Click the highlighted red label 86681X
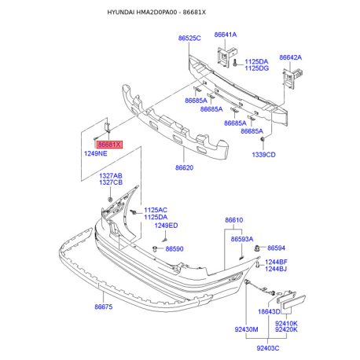tap(109, 145)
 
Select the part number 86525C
tap(189, 39)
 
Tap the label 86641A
tap(226, 35)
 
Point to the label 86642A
tap(290, 57)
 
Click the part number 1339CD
tap(263, 155)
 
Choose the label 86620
tap(184, 167)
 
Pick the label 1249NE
tap(96, 153)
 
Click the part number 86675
tap(104, 307)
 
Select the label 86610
tap(234, 220)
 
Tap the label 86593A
tap(242, 239)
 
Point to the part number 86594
tap(276, 248)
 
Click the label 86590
tap(174, 248)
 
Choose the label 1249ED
tap(166, 226)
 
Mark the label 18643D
tap(269, 311)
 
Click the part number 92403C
tap(268, 348)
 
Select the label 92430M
tap(246, 329)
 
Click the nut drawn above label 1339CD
tap(263, 139)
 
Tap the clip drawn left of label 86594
tap(257, 248)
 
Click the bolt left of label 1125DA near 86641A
tap(235, 63)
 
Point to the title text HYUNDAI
tap(121, 13)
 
